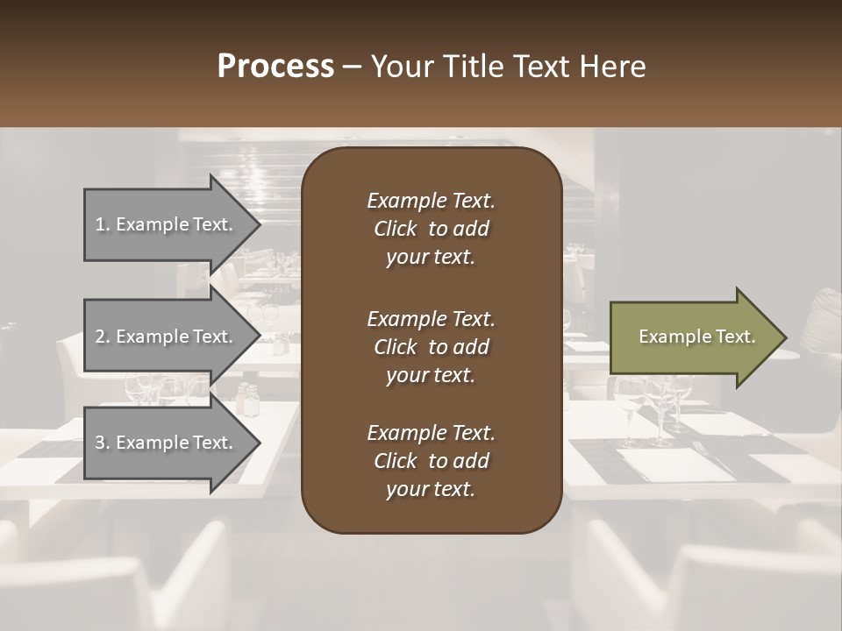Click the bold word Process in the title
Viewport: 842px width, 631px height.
coord(275,67)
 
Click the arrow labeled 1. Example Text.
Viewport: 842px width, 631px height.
coord(167,224)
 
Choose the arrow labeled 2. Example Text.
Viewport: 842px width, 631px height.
coord(167,337)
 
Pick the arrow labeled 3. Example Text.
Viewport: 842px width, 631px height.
coord(167,443)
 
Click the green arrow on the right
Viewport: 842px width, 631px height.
coord(693,337)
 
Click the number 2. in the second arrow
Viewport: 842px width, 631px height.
coord(103,337)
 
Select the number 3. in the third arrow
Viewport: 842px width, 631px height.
coord(103,443)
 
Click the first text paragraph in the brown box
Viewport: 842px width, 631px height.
coord(431,229)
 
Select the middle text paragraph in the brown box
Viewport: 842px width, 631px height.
coord(431,347)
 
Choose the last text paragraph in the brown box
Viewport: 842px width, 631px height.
coord(431,461)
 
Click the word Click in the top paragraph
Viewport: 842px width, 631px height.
coord(396,229)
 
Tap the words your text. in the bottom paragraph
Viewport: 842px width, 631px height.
coord(431,490)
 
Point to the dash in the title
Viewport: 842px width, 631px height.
coord(352,67)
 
